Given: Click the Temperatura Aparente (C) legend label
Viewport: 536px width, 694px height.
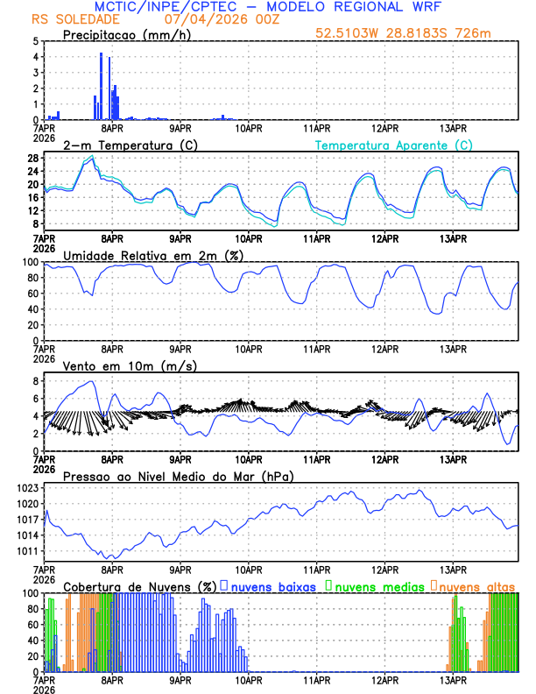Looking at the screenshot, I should click(393, 145).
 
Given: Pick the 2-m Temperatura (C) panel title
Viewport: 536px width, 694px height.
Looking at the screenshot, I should click(123, 145).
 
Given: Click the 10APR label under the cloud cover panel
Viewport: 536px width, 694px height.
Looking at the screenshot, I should click(249, 679).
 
